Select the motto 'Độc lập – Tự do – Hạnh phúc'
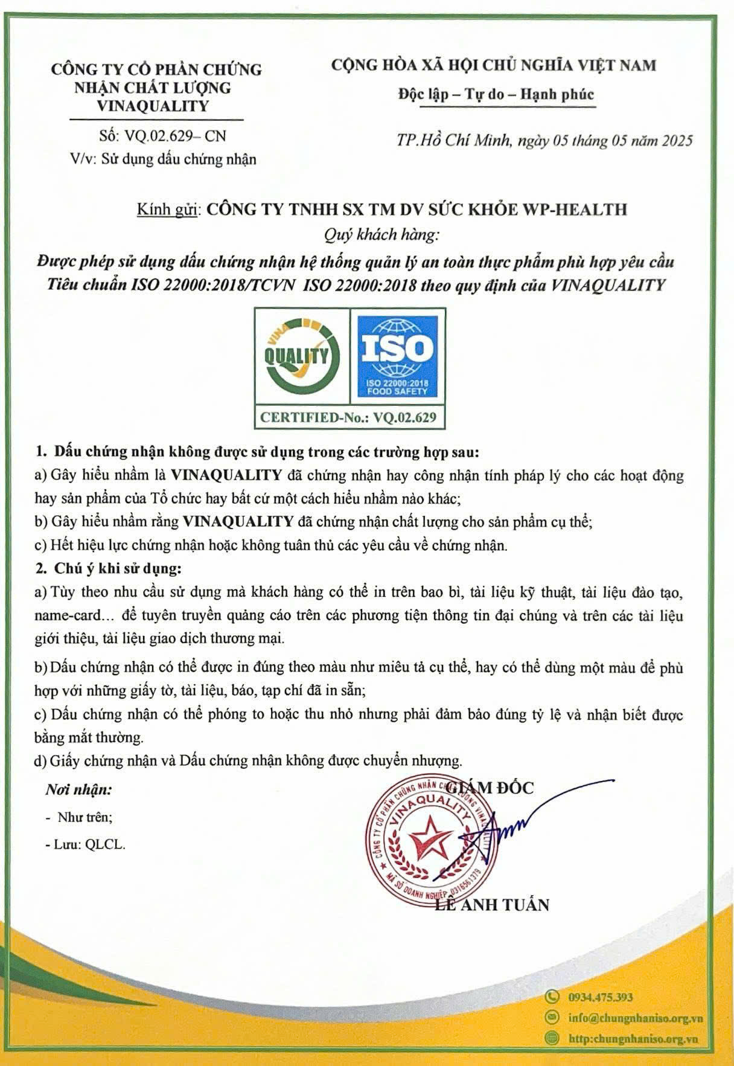(496, 95)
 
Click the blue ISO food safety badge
(397, 356)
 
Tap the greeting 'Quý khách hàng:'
(381, 234)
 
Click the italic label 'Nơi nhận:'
(78, 789)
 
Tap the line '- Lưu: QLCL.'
(86, 845)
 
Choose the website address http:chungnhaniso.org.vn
(633, 1039)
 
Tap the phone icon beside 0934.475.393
(551, 997)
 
